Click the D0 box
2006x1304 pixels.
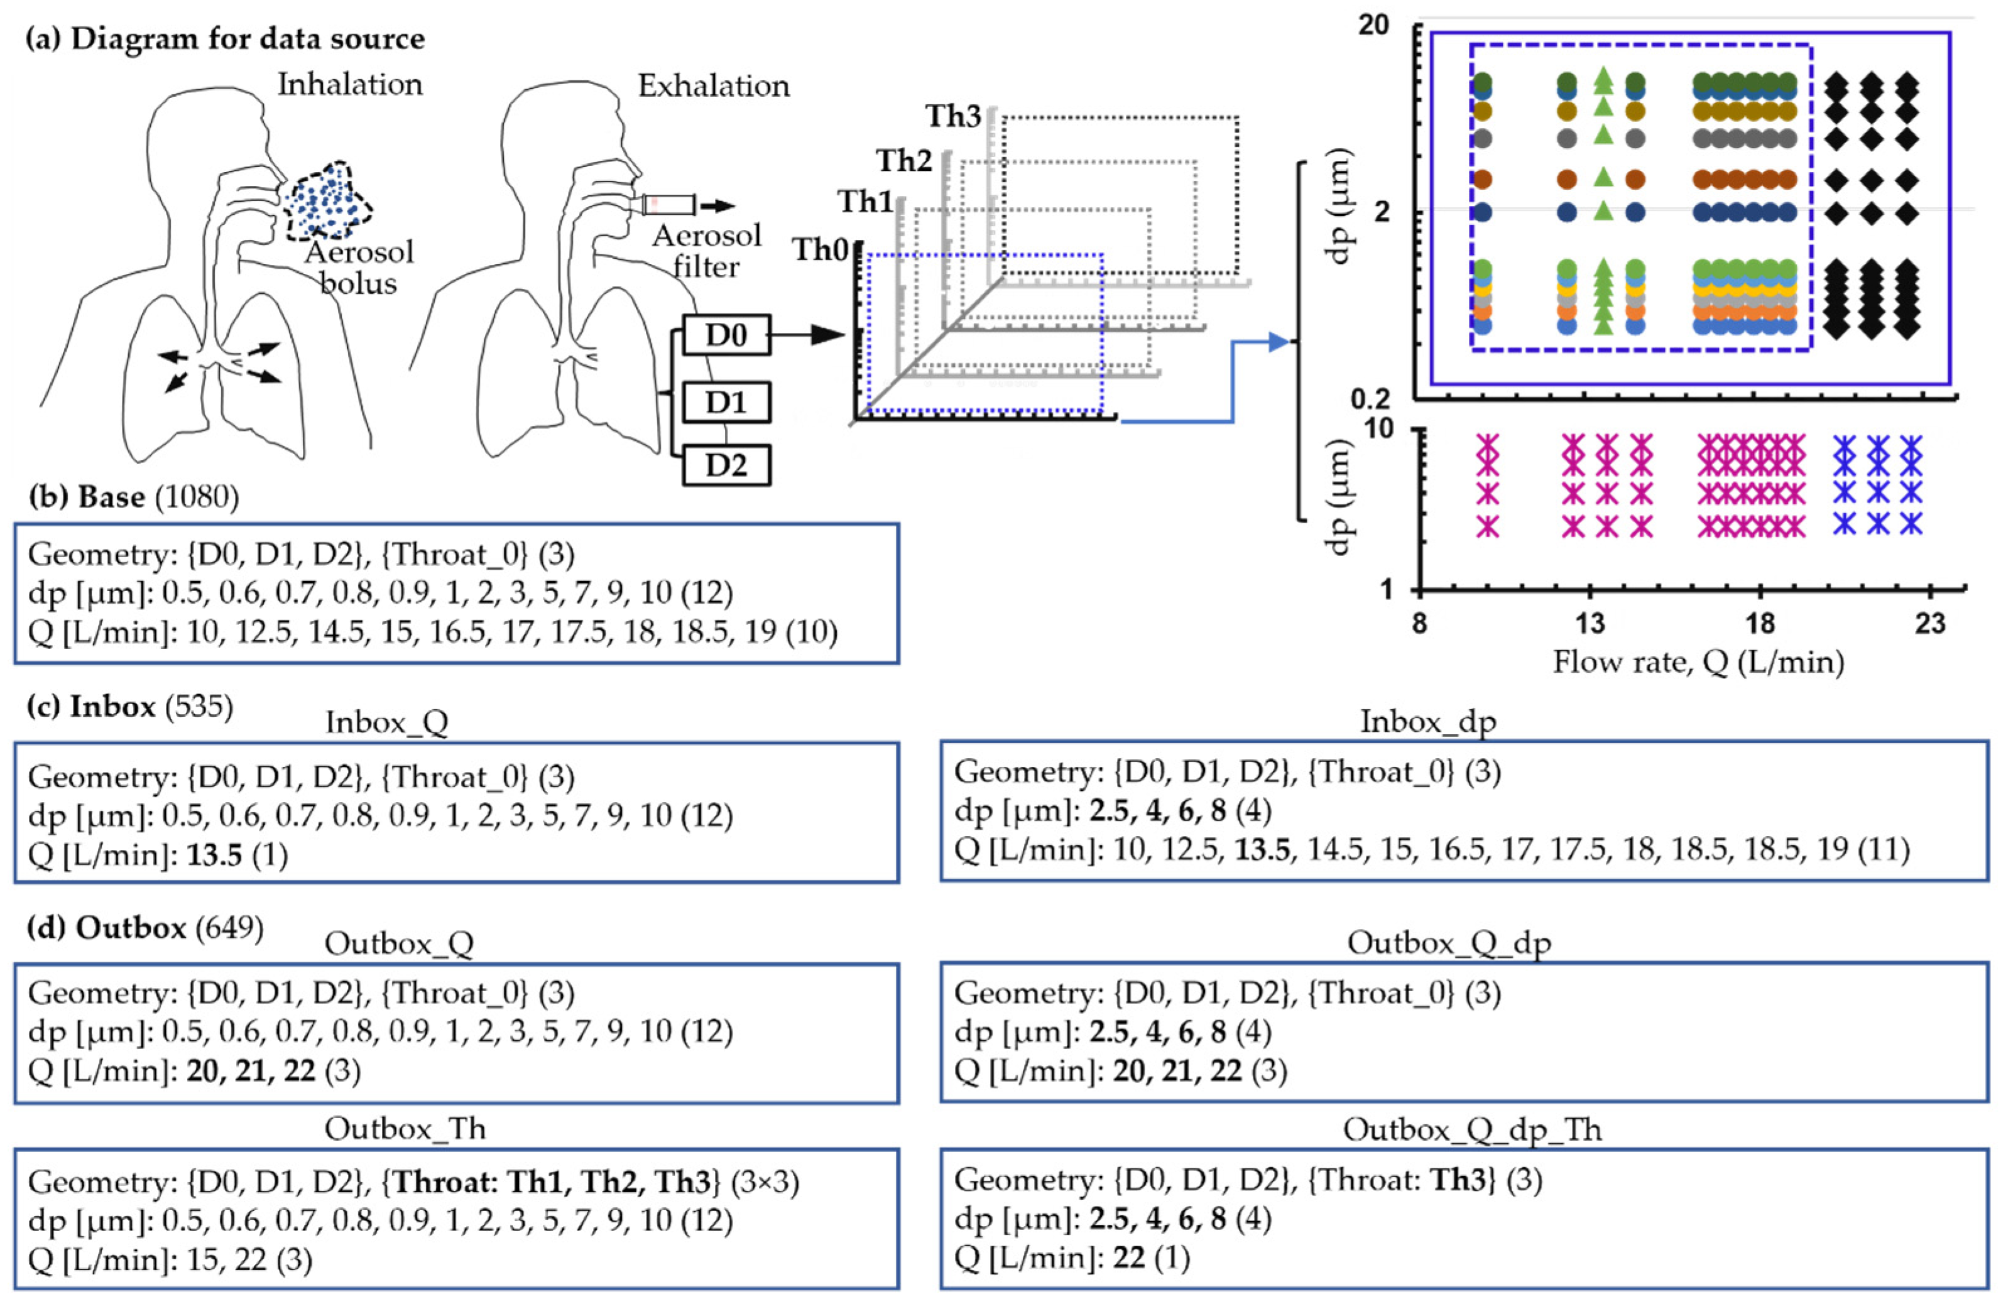tap(726, 335)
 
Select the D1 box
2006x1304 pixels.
tap(726, 402)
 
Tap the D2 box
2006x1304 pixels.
tap(726, 464)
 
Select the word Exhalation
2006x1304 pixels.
tap(713, 85)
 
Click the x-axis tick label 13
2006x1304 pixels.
tap(1589, 624)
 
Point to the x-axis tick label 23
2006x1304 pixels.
tap(1930, 624)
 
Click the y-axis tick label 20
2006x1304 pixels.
tap(1374, 25)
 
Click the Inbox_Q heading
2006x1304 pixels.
tap(387, 722)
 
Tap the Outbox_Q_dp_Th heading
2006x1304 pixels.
tap(1471, 1129)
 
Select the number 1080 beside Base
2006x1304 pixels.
tap(197, 497)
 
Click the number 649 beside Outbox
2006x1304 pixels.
tap(229, 927)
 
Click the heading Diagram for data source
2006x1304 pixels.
tap(248, 39)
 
